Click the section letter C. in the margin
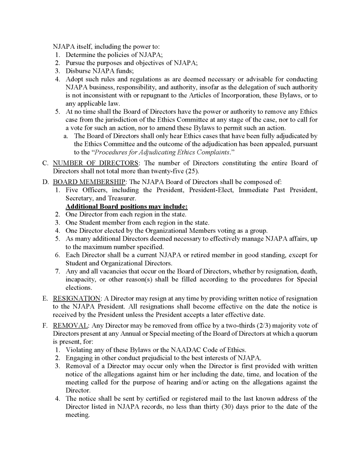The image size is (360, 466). click(x=46, y=163)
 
